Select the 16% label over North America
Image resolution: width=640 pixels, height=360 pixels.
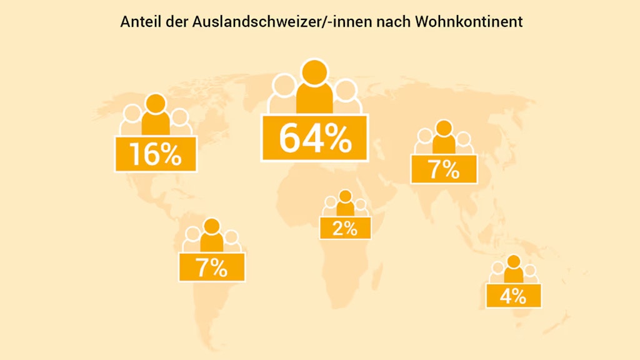pos(156,154)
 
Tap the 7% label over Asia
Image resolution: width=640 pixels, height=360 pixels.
pos(444,169)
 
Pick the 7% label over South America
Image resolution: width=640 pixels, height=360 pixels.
pos(212,267)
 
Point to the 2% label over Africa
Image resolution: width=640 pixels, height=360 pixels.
pos(345,228)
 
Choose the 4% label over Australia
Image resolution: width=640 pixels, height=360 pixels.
pos(513,296)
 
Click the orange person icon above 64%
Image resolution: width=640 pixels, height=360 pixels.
pos(314,87)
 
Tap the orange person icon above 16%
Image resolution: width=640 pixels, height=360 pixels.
pos(156,116)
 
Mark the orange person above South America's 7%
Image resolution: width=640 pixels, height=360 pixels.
pos(212,236)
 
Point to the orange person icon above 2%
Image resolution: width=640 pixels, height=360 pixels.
pos(345,204)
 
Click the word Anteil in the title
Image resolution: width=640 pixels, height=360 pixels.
pos(136,22)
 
